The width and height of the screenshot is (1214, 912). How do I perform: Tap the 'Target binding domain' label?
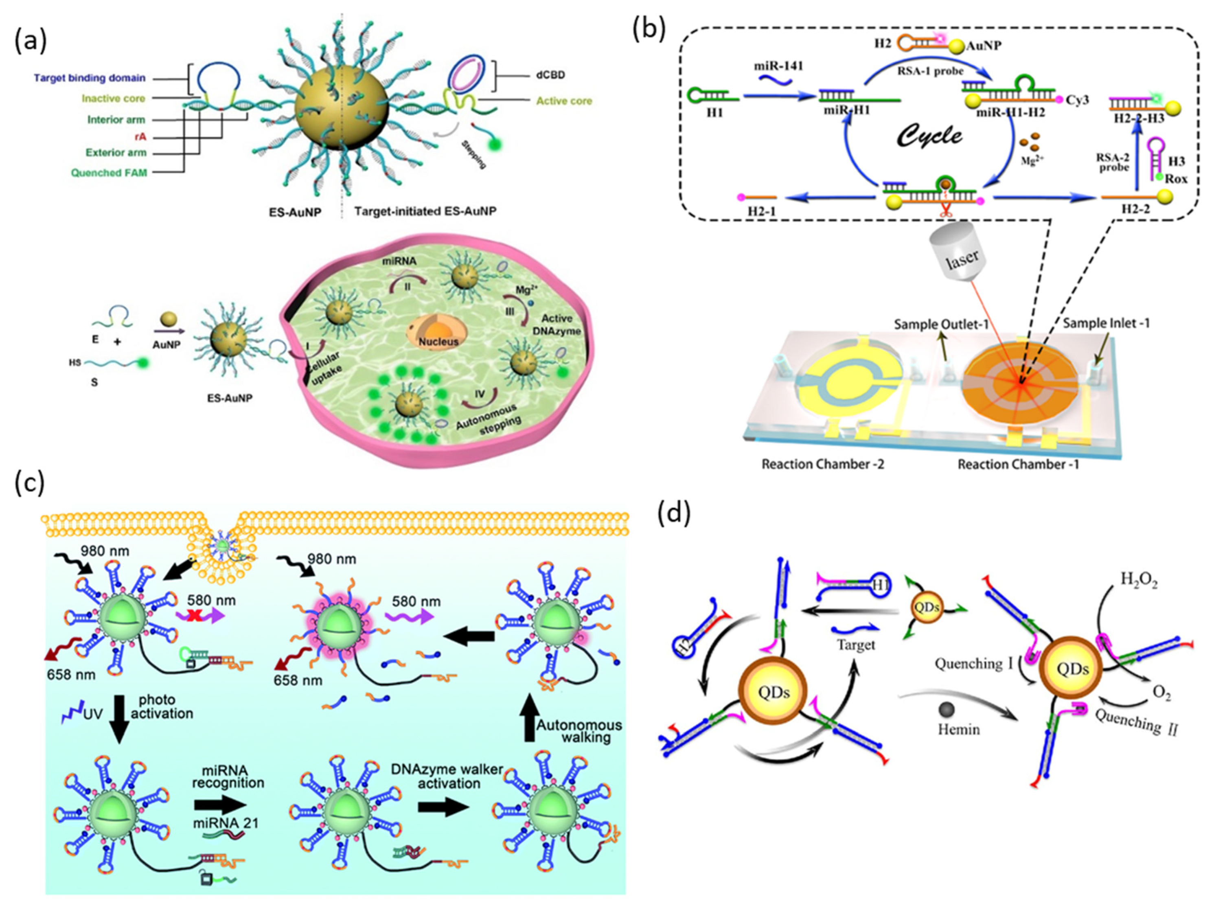pos(90,78)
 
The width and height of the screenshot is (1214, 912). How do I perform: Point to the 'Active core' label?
pos(564,101)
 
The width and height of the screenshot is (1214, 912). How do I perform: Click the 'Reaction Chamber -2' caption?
pos(823,464)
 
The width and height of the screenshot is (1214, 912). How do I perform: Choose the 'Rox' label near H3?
pos(1175,179)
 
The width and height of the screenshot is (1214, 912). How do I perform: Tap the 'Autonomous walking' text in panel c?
pos(579,731)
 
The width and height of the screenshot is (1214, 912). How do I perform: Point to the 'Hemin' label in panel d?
pos(959,729)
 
